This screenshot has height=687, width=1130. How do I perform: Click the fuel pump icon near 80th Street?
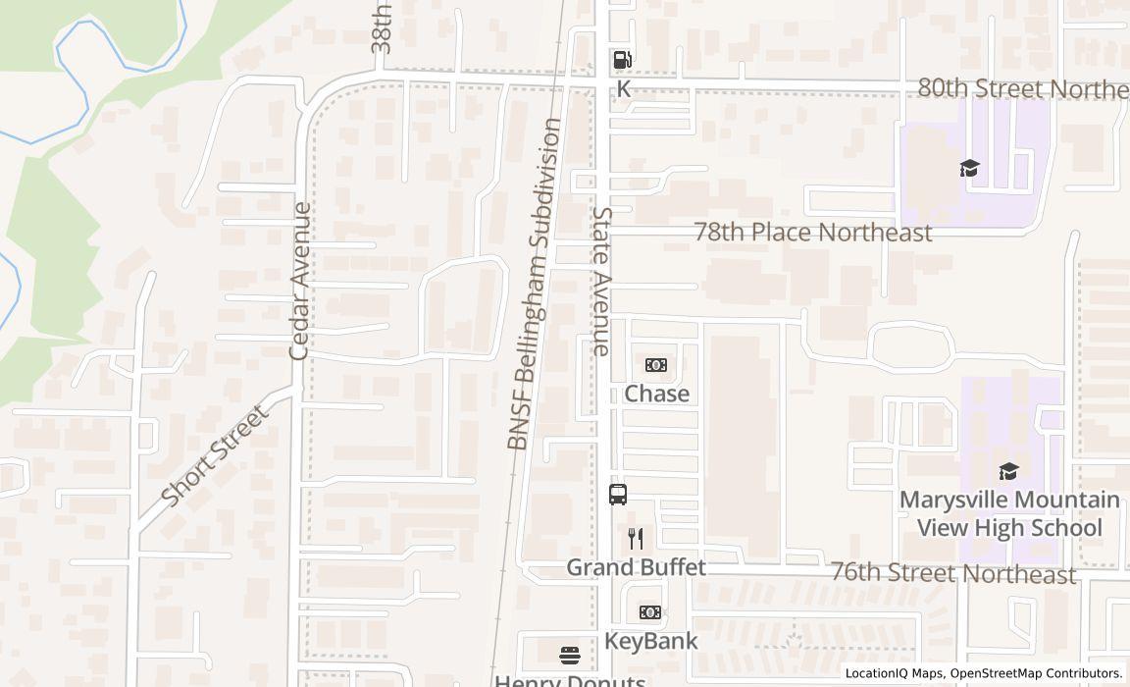tap(622, 59)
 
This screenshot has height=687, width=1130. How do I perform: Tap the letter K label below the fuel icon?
tap(623, 89)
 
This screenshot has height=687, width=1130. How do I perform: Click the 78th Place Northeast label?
tap(812, 233)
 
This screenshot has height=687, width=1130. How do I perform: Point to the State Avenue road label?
tap(601, 280)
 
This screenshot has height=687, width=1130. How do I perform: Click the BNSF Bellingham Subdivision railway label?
tap(535, 285)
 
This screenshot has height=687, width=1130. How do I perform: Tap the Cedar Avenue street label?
tap(300, 280)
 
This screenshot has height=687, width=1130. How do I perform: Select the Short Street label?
tap(214, 456)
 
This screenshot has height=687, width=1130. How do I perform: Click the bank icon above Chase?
tap(656, 365)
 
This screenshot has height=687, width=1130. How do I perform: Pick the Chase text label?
tap(657, 394)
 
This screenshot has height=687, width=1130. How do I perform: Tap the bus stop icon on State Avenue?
tap(618, 495)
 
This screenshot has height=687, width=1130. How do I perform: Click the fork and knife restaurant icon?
tap(636, 538)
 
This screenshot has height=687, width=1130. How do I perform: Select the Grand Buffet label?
tap(636, 567)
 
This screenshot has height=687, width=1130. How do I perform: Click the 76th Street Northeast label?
tap(952, 573)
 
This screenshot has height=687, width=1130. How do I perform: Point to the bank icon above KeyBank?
tap(650, 612)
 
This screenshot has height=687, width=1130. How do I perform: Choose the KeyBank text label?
tap(651, 641)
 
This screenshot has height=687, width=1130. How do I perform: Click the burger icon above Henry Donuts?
tap(570, 655)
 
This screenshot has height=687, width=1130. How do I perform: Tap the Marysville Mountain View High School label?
tap(1009, 513)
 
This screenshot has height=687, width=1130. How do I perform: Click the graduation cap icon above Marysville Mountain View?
tap(1008, 471)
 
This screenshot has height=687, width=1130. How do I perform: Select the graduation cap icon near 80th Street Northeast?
tap(969, 168)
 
